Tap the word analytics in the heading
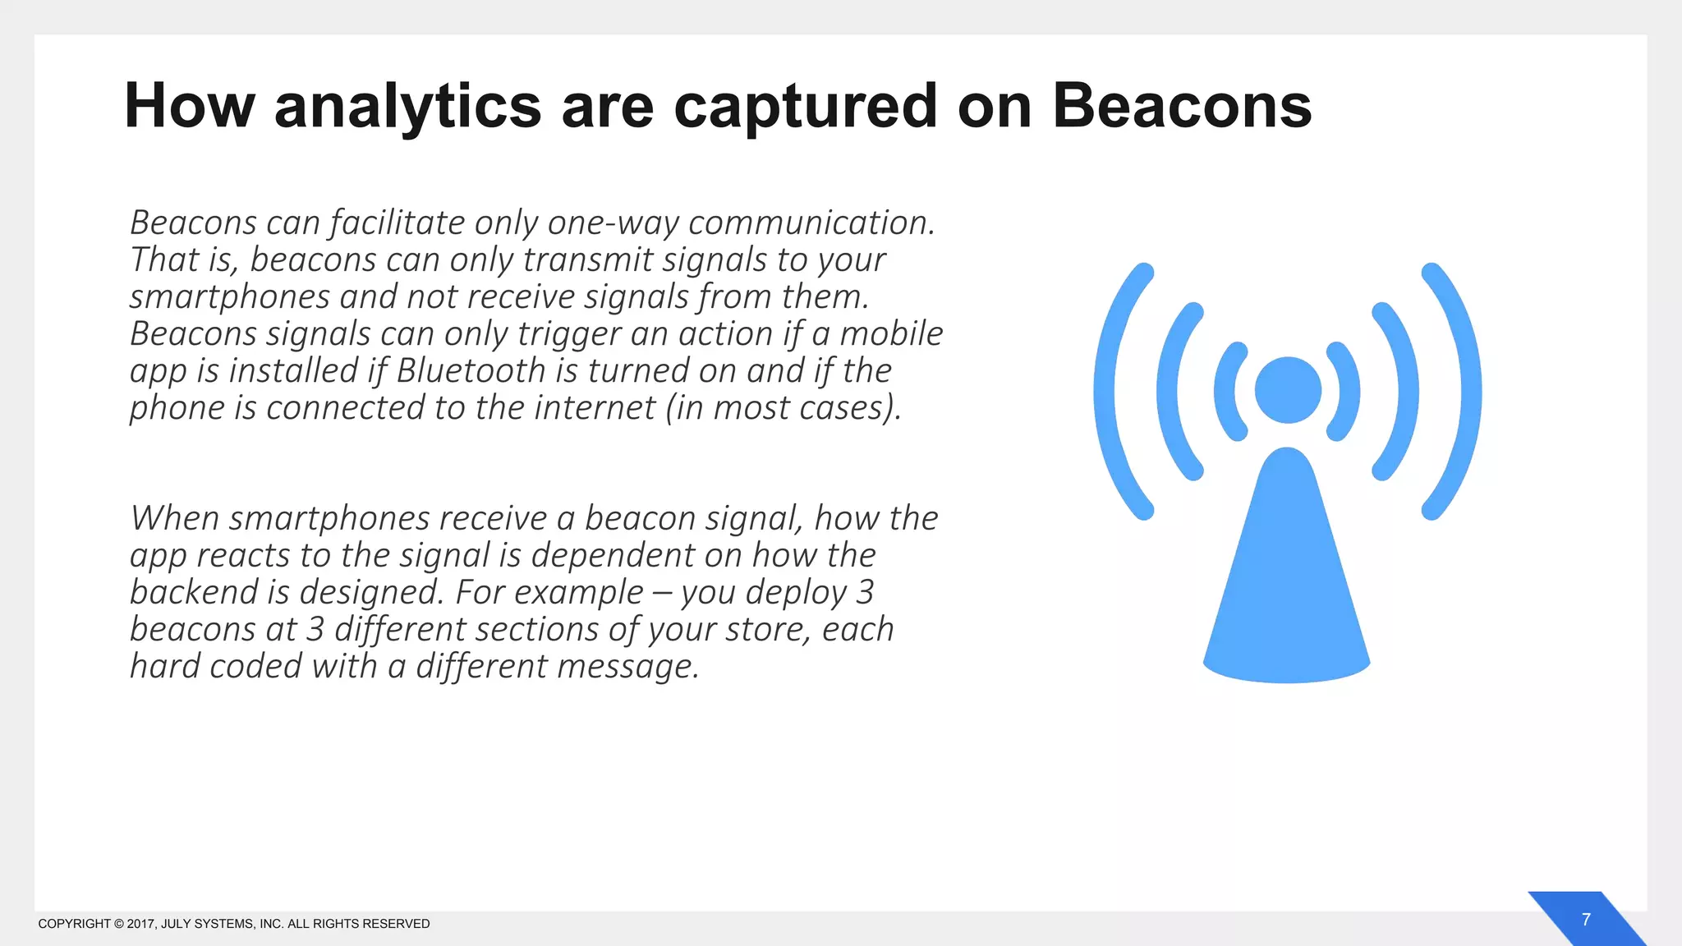407,108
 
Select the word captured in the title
805,108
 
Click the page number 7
1586,920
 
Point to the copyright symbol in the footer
118,924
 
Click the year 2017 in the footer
140,924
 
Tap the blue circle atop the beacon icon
1288,390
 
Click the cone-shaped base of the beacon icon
1286,591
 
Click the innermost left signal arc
1227,391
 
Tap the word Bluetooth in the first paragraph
471,370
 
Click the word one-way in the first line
613,223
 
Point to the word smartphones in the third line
229,296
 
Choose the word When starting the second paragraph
175,518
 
